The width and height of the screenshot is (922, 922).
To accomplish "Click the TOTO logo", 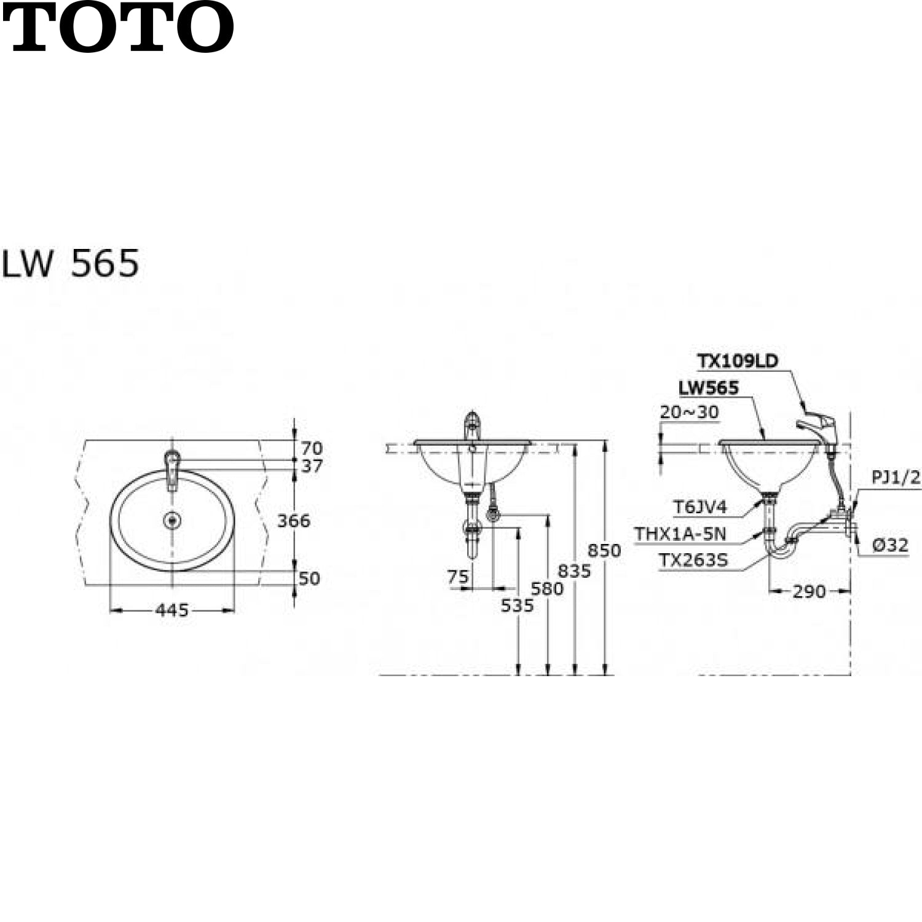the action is (118, 28).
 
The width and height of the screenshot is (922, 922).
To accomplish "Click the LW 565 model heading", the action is (71, 264).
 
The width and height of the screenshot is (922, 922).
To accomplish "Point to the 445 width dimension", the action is (172, 610).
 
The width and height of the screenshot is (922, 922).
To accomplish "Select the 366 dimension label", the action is (294, 521).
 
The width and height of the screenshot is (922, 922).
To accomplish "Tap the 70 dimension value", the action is (312, 448).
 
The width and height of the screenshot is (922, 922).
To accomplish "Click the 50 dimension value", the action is (309, 578).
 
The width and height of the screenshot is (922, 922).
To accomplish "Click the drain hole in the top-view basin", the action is (173, 521).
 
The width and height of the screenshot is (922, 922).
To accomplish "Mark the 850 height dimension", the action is (604, 550).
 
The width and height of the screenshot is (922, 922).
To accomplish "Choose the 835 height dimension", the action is (574, 571).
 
